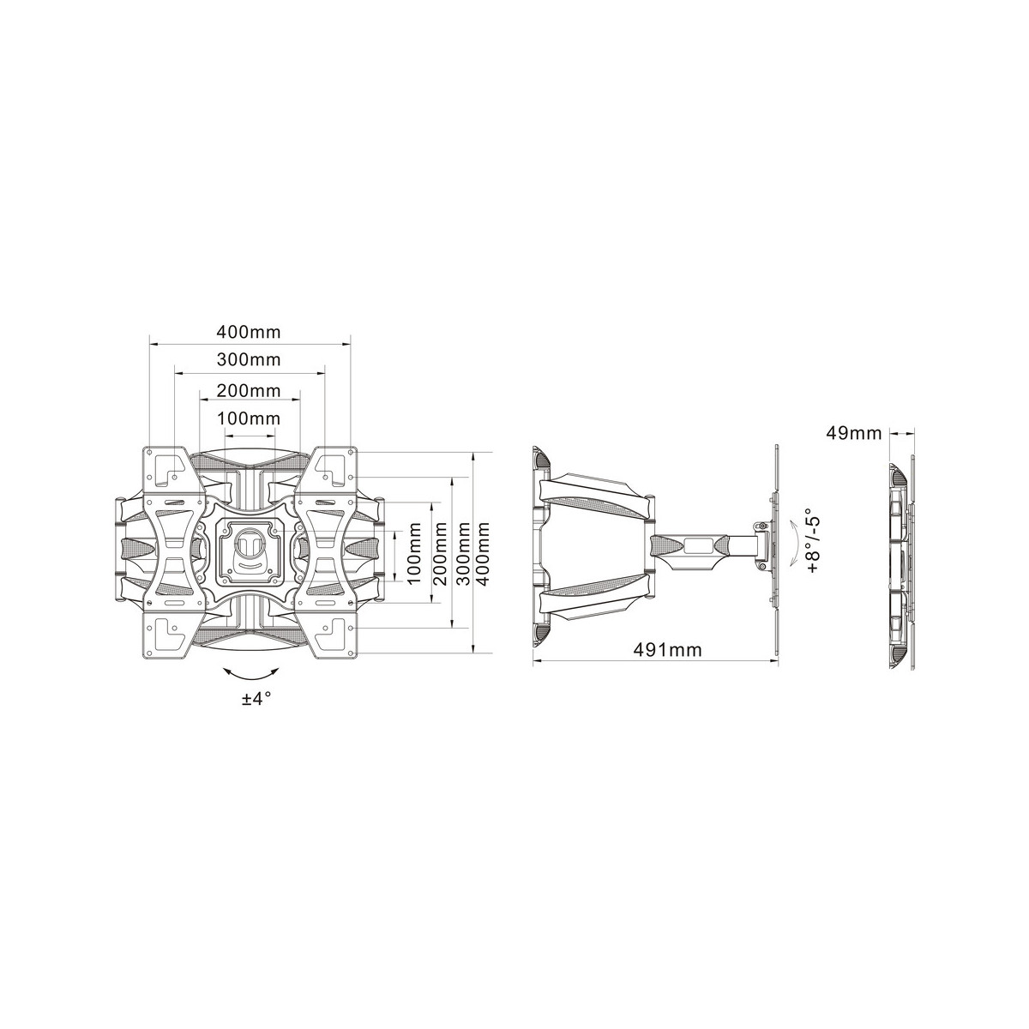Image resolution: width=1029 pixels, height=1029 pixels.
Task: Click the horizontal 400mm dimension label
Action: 249,332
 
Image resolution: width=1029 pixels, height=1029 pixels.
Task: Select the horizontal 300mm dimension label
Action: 249,360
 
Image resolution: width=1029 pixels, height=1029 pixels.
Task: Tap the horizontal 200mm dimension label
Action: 249,391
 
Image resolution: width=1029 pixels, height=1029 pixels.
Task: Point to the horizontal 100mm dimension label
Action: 249,418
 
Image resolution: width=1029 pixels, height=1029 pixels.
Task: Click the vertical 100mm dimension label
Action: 415,553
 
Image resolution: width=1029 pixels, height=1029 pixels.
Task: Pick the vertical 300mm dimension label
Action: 465,553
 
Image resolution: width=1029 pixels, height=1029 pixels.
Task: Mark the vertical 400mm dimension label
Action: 484,553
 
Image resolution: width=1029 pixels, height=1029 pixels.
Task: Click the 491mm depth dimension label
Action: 667,650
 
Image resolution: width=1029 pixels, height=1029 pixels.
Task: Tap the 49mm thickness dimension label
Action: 854,433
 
